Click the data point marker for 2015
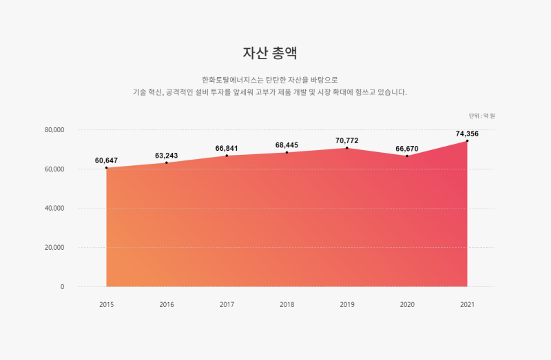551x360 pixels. pyautogui.click(x=106, y=168)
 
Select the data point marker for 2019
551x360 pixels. pyautogui.click(x=347, y=148)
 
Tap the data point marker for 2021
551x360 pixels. pyautogui.click(x=467, y=141)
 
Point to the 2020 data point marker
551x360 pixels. pyautogui.click(x=407, y=156)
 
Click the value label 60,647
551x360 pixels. pyautogui.click(x=106, y=160)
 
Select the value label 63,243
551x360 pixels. pyautogui.click(x=166, y=156)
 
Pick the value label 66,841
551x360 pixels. pyautogui.click(x=227, y=148)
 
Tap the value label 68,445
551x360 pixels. pyautogui.click(x=287, y=145)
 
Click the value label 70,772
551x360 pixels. pyautogui.click(x=347, y=140)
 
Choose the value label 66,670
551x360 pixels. pyautogui.click(x=407, y=149)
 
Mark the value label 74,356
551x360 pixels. pyautogui.click(x=467, y=134)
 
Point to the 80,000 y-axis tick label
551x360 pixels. pyautogui.click(x=54, y=130)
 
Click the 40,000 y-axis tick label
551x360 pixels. pyautogui.click(x=54, y=209)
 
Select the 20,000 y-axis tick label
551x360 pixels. pyautogui.click(x=54, y=248)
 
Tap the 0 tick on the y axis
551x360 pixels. pyautogui.click(x=62, y=287)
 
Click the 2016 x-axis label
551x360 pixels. pyautogui.click(x=166, y=304)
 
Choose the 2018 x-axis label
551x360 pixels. pyautogui.click(x=287, y=304)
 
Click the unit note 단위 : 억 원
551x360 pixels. pyautogui.click(x=481, y=116)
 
